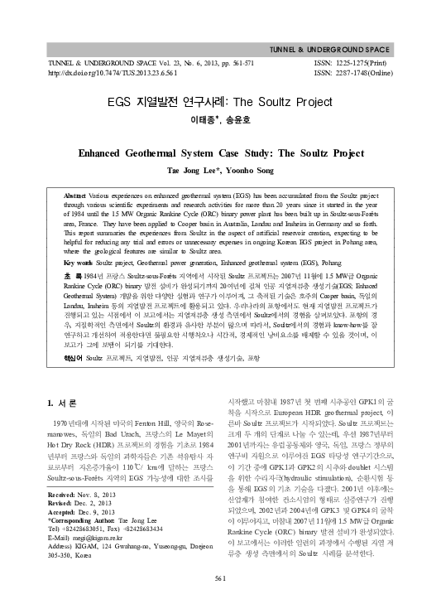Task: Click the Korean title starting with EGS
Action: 219,104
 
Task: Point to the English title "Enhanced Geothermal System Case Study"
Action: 220,153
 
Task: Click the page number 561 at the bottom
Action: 219,577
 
